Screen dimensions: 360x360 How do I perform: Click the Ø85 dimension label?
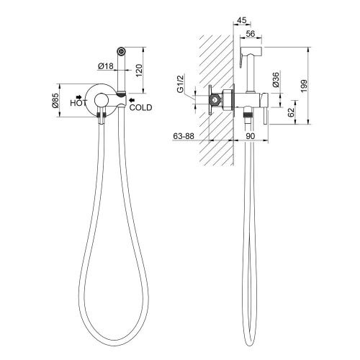click(55, 100)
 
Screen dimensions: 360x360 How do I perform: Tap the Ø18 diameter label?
click(106, 66)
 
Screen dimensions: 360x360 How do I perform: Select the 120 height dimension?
click(139, 71)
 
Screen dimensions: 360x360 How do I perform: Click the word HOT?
click(78, 103)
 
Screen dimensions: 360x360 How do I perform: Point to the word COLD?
click(141, 107)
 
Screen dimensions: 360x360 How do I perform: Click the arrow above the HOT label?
click(79, 96)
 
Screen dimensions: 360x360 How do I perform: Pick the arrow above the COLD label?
click(132, 100)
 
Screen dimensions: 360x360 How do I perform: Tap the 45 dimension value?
click(242, 20)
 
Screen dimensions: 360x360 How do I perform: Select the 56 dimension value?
click(251, 34)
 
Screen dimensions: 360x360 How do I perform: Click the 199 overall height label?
click(304, 86)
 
